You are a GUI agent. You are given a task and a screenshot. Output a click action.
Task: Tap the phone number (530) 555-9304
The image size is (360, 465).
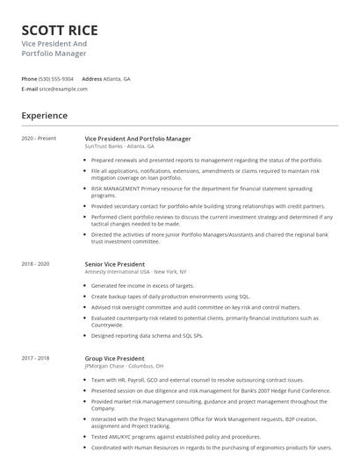point(57,79)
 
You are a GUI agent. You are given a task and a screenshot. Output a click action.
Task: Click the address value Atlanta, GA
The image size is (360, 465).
point(118,79)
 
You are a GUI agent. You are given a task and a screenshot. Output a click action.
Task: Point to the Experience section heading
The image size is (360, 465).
point(44,115)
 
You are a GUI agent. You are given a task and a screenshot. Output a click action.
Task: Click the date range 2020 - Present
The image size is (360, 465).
point(39,139)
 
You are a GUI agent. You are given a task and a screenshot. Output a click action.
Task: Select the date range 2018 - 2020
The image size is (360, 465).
point(36,263)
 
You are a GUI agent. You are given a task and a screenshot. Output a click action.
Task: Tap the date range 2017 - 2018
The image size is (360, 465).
point(36,358)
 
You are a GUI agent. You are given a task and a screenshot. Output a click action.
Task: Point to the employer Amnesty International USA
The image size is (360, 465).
point(119,271)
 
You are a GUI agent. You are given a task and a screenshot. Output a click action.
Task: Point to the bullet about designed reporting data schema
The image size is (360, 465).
point(147,336)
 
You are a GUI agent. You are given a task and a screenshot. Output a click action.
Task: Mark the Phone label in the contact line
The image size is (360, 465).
point(30,79)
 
